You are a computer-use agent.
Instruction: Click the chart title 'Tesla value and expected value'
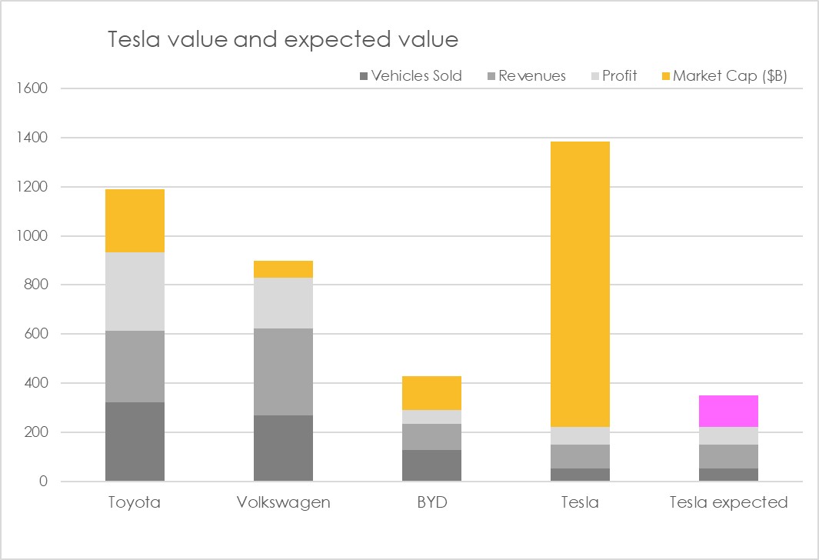pyautogui.click(x=283, y=40)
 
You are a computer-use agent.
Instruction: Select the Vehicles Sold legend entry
pyautogui.click(x=411, y=75)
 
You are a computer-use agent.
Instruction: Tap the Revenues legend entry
pyautogui.click(x=527, y=75)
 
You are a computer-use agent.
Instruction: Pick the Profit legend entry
pyautogui.click(x=614, y=75)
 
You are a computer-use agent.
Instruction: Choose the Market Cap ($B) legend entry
pyautogui.click(x=724, y=75)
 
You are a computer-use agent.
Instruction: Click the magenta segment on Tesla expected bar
pyautogui.click(x=728, y=411)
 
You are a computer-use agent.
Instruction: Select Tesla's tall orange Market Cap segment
pyautogui.click(x=580, y=284)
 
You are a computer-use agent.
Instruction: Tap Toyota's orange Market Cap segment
pyautogui.click(x=135, y=221)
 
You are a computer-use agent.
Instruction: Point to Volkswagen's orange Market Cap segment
pyautogui.click(x=283, y=269)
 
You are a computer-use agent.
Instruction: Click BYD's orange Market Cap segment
pyautogui.click(x=431, y=393)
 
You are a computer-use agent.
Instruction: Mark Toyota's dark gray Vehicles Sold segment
pyautogui.click(x=135, y=442)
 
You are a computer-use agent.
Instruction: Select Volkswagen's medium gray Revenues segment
pyautogui.click(x=283, y=372)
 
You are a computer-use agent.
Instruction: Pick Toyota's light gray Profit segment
pyautogui.click(x=135, y=292)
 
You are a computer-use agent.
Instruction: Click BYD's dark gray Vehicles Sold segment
pyautogui.click(x=431, y=465)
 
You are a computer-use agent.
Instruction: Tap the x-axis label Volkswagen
pyautogui.click(x=283, y=502)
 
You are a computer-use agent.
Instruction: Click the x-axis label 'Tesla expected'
pyautogui.click(x=728, y=502)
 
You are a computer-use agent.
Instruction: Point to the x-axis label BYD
pyautogui.click(x=432, y=502)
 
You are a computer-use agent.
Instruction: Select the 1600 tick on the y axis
pyautogui.click(x=32, y=88)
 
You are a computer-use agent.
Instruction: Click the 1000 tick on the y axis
pyautogui.click(x=32, y=235)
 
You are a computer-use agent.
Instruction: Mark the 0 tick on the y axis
pyautogui.click(x=43, y=481)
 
